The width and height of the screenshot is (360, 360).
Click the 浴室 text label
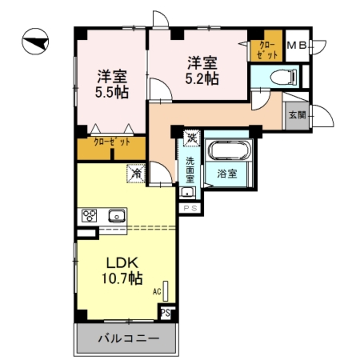point(227,174)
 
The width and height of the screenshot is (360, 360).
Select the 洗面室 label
point(190,170)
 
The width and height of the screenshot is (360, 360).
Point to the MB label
point(296,45)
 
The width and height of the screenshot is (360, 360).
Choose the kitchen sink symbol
point(116,216)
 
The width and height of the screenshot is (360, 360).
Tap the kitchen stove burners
point(89,215)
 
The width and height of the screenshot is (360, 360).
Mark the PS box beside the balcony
point(166,312)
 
